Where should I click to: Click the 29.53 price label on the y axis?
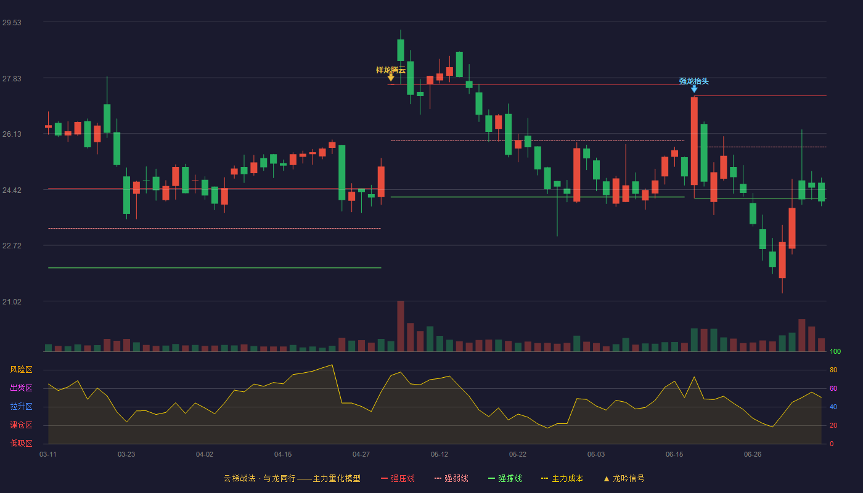click(x=12, y=22)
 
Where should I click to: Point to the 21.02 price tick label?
click(x=12, y=301)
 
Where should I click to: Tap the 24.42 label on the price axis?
click(x=12, y=190)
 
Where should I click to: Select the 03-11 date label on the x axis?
click(x=48, y=455)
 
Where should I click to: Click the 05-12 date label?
click(x=439, y=455)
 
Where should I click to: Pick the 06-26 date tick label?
click(x=753, y=455)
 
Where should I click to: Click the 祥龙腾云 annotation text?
click(x=391, y=70)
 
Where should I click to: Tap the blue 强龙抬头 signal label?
click(x=694, y=81)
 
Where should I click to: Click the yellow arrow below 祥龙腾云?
click(x=391, y=78)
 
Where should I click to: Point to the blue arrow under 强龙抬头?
click(x=694, y=89)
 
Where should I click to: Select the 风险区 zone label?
click(x=21, y=369)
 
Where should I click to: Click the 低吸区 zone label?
click(x=21, y=443)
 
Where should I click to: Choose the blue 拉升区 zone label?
click(x=21, y=406)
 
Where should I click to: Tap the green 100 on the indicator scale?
click(x=835, y=351)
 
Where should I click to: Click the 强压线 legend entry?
click(x=398, y=478)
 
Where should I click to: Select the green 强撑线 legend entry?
click(x=505, y=478)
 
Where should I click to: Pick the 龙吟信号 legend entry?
click(x=624, y=478)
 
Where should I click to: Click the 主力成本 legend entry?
click(x=562, y=478)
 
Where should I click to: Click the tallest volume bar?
click(x=401, y=326)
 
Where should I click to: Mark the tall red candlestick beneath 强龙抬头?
click(x=694, y=141)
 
